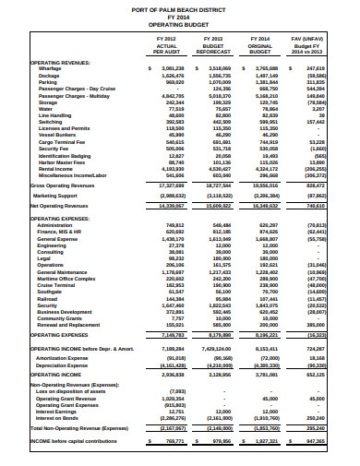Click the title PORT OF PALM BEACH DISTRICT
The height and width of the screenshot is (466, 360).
coord(179,8)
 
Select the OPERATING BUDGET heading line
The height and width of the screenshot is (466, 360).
coord(179,23)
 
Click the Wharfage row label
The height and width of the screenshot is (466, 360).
coord(51,69)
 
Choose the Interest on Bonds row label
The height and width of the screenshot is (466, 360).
coord(57,415)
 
